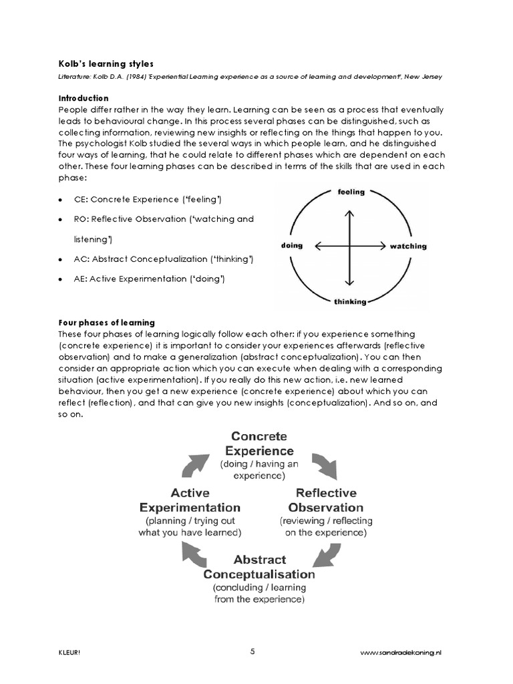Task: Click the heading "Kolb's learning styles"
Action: click(106, 64)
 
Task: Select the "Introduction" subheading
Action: click(83, 98)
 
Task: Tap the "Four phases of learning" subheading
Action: click(107, 323)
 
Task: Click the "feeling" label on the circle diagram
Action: click(351, 192)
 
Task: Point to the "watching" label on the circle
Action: click(407, 246)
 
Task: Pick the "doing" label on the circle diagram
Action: click(292, 246)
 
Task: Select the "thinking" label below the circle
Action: click(350, 302)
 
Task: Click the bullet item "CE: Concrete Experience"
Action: click(148, 200)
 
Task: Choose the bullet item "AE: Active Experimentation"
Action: click(149, 279)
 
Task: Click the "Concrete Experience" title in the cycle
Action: click(259, 444)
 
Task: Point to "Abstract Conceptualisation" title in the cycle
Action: click(259, 566)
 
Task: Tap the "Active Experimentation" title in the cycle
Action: click(190, 500)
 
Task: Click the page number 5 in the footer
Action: click(252, 652)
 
